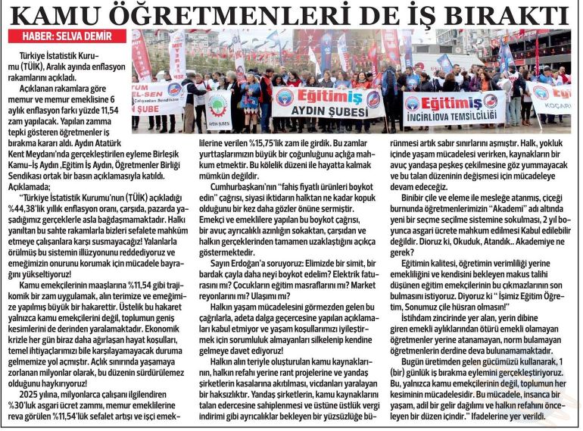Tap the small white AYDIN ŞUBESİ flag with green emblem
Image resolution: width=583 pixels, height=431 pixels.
coord(218,110)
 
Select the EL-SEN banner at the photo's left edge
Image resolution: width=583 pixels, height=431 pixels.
coord(157,98)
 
